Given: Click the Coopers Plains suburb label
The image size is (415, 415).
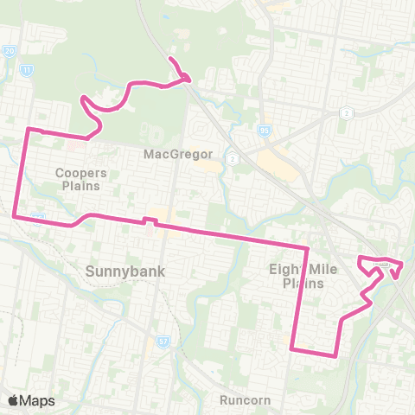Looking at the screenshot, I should [x=81, y=178].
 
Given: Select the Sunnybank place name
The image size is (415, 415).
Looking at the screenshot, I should [x=124, y=271].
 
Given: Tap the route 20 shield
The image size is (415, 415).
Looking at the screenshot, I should [x=10, y=52].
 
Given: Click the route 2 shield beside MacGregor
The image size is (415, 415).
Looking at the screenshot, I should [x=232, y=159].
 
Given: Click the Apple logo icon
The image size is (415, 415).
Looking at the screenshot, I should [x=13, y=400].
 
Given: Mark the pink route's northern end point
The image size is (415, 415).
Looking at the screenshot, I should [x=170, y=59].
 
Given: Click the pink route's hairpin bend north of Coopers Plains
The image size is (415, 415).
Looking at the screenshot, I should [x=84, y=101].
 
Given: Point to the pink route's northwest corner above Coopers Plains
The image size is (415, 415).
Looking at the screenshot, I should [x=29, y=130].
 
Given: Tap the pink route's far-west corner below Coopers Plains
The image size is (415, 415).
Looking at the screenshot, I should [x=15, y=217].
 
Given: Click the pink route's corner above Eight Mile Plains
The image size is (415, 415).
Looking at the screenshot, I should [x=307, y=249].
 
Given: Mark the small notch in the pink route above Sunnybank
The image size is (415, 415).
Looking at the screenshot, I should [x=148, y=220].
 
